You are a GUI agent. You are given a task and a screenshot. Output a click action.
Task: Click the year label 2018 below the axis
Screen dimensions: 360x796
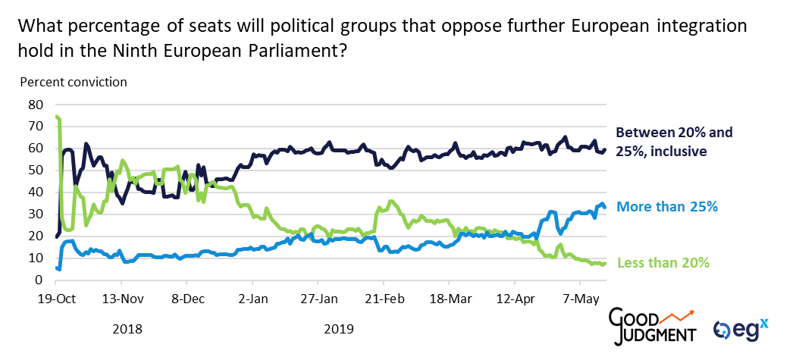(127, 330)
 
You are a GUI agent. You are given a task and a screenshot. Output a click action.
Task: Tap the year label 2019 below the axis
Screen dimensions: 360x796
(338, 330)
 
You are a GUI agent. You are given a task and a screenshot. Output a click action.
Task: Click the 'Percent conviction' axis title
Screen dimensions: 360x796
(74, 82)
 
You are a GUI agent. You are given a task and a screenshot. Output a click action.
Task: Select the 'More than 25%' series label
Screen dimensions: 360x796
(667, 206)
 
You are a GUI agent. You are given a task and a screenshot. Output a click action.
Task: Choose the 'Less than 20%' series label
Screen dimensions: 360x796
(663, 263)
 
